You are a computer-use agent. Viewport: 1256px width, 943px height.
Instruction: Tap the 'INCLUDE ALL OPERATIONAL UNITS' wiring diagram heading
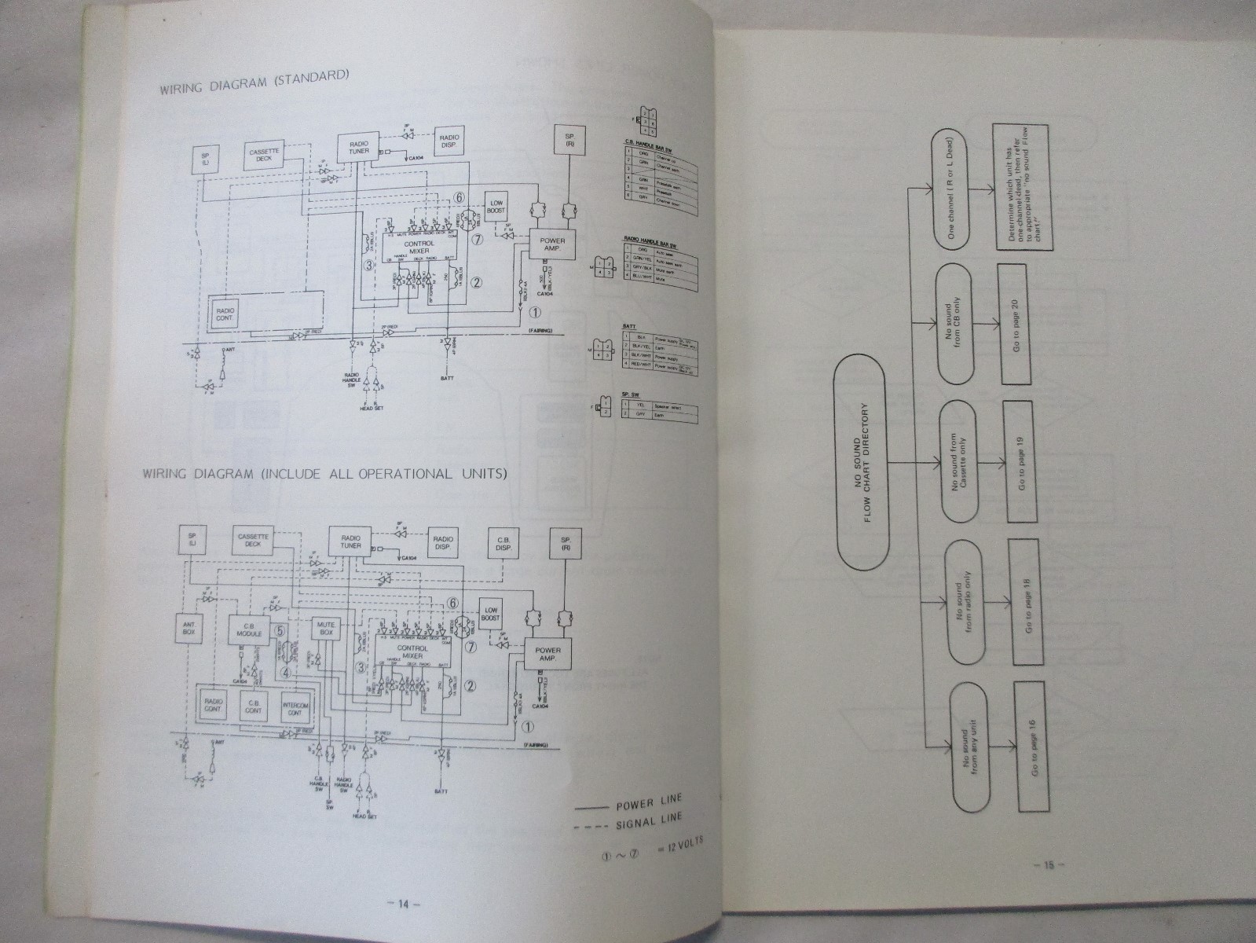click(x=324, y=475)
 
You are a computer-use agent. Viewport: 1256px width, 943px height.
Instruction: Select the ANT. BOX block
click(x=189, y=627)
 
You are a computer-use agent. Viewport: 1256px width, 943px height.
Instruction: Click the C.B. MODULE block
click(x=244, y=629)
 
